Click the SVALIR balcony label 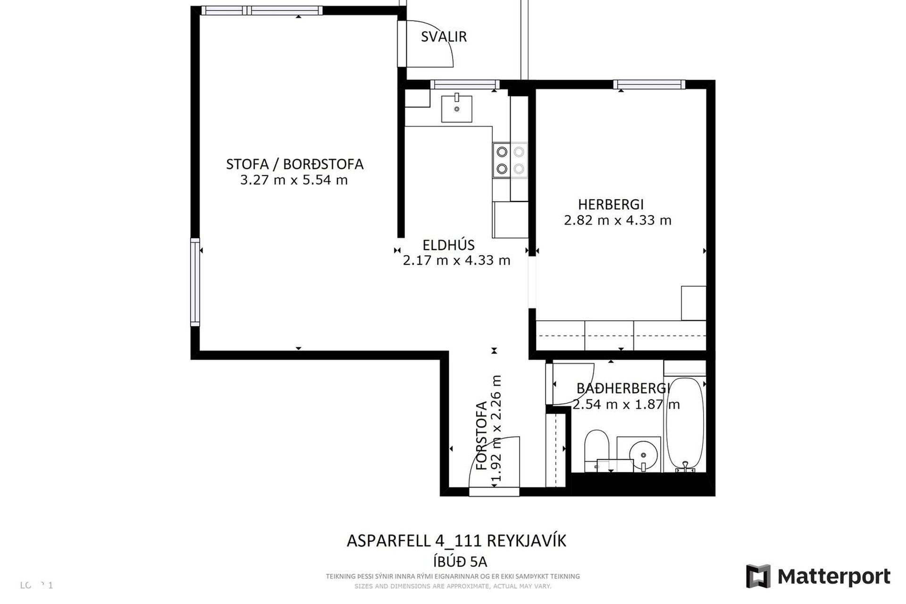(x=444, y=37)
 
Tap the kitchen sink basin (x=457, y=109)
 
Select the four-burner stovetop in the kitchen (x=510, y=160)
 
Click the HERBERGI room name (x=611, y=205)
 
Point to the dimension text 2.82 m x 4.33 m (x=617, y=220)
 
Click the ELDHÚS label (x=448, y=245)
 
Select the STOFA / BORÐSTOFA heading (x=294, y=164)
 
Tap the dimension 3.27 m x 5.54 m (x=294, y=180)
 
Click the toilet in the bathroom (x=597, y=448)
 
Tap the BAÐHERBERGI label (x=623, y=388)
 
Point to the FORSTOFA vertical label (x=481, y=435)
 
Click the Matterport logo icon (x=758, y=576)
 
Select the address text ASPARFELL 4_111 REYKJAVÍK (x=456, y=541)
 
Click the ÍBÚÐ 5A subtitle (x=460, y=562)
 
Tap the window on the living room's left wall (x=195, y=282)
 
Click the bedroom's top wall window (x=649, y=84)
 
